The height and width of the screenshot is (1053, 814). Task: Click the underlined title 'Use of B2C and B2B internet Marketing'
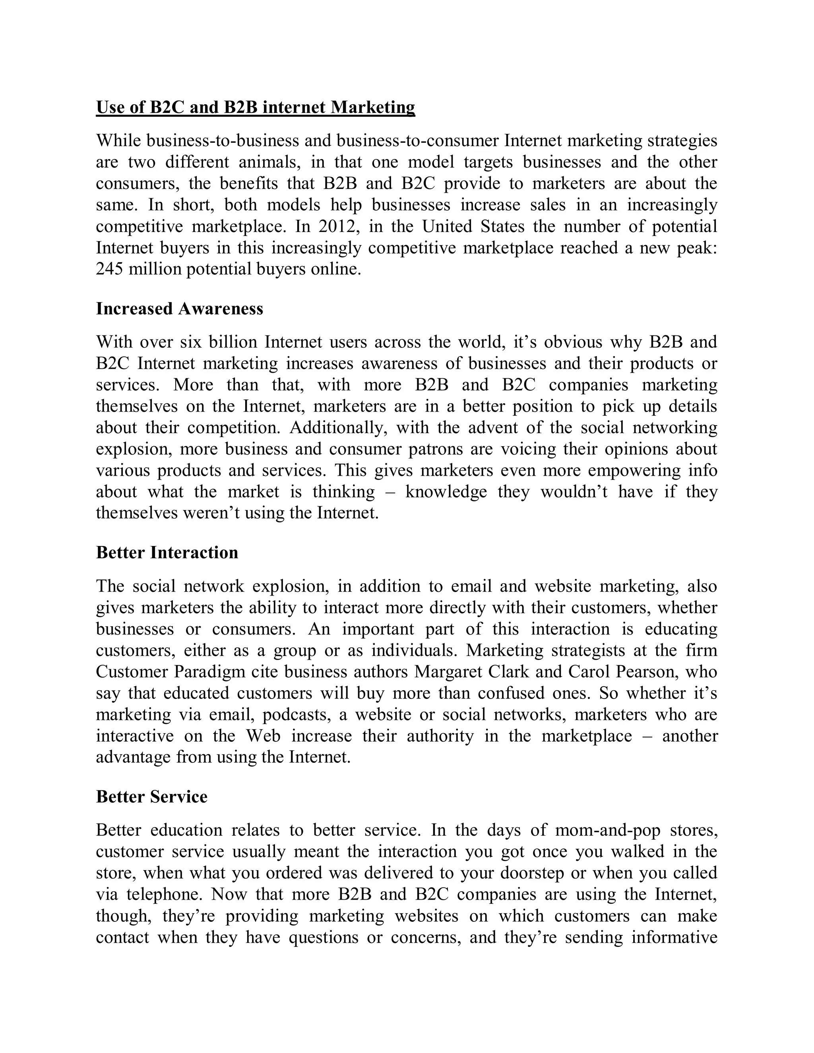click(255, 107)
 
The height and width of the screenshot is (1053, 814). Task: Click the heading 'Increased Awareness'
click(179, 309)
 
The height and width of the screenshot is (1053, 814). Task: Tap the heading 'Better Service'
click(151, 796)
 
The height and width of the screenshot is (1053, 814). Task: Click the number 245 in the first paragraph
click(110, 269)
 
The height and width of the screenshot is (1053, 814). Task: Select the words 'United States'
click(473, 226)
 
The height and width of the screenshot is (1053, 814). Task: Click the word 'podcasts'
click(295, 714)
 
